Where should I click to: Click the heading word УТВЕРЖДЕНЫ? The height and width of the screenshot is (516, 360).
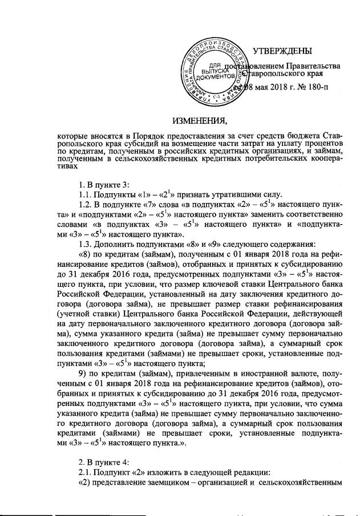point(284,52)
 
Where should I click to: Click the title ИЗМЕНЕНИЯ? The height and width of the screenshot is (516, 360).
point(200,120)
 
